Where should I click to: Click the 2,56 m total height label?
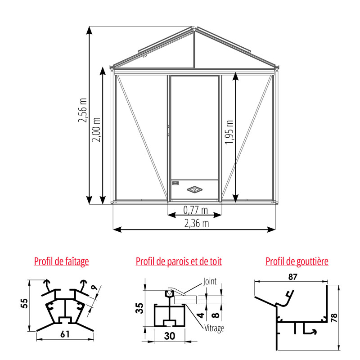(x=83, y=110)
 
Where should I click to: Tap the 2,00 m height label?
(x=96, y=130)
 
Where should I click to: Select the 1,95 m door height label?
(x=229, y=132)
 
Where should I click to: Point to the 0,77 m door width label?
(x=196, y=210)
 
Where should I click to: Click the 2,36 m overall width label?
(x=197, y=223)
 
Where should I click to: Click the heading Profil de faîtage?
(x=62, y=261)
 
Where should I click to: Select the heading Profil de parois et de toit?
(x=179, y=261)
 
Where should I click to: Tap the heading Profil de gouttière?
(x=297, y=261)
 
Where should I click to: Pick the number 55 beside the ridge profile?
(x=24, y=303)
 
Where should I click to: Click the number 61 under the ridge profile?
(x=65, y=334)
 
